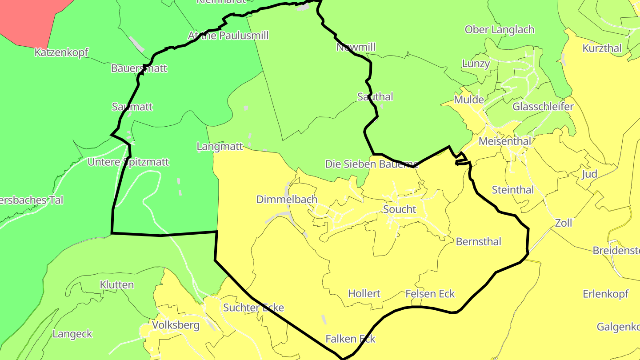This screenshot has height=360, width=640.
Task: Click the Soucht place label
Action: coord(400,209)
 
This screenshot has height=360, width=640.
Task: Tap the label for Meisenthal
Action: coord(505,141)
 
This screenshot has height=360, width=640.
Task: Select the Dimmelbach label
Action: coord(287,200)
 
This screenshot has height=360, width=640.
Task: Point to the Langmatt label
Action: coord(220,146)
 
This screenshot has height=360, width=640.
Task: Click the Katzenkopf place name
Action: coord(61,52)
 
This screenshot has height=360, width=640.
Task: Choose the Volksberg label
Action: coord(176,325)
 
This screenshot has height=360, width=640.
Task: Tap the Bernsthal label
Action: coord(478,242)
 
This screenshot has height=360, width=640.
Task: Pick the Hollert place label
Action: coord(364,293)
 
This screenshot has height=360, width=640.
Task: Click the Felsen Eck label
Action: coord(430,294)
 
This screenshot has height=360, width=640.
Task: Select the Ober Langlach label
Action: coord(499,30)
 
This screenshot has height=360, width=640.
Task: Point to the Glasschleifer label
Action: coord(543,107)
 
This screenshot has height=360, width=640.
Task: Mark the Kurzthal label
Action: coord(602,48)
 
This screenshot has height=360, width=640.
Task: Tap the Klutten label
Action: coord(117,284)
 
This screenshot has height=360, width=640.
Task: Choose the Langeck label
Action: coord(72,334)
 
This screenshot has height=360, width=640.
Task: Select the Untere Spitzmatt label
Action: coord(128,162)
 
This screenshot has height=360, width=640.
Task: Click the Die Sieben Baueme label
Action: coord(372,164)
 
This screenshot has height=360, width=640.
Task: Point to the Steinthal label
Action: coord(512,190)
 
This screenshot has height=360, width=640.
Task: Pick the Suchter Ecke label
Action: coord(253,308)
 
